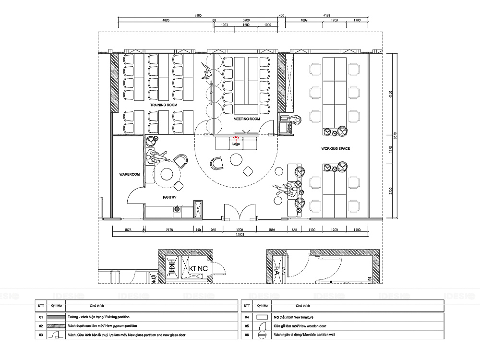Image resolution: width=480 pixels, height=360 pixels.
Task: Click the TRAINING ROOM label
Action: pos(164,105)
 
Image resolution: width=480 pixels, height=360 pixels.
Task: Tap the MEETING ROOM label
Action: pos(247,119)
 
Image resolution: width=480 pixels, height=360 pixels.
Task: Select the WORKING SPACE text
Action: pos(336,149)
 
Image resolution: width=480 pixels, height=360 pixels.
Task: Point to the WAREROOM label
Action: pos(129,175)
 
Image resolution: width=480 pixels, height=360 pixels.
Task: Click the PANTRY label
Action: pos(169,197)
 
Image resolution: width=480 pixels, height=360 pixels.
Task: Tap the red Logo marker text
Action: pos(236,144)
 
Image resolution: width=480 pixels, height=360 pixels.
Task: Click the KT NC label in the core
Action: pos(199,268)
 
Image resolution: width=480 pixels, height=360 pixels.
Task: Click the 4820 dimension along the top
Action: pos(166,21)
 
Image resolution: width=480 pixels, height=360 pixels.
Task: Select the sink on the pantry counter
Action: pos(178,209)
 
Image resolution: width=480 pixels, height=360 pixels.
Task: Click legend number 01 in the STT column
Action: pos(41,317)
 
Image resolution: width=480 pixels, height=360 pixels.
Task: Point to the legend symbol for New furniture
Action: pos(262,317)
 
